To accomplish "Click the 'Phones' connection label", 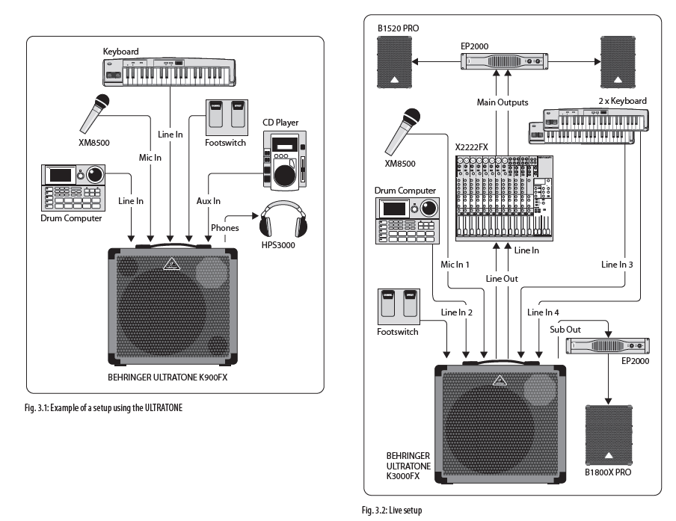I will click(x=225, y=227).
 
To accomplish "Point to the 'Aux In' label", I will click(x=208, y=201).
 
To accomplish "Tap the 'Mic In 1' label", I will click(x=455, y=265).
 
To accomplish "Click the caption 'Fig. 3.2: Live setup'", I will click(x=393, y=511).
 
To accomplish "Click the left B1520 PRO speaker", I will click(x=395, y=63).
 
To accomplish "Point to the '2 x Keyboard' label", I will click(x=622, y=101).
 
